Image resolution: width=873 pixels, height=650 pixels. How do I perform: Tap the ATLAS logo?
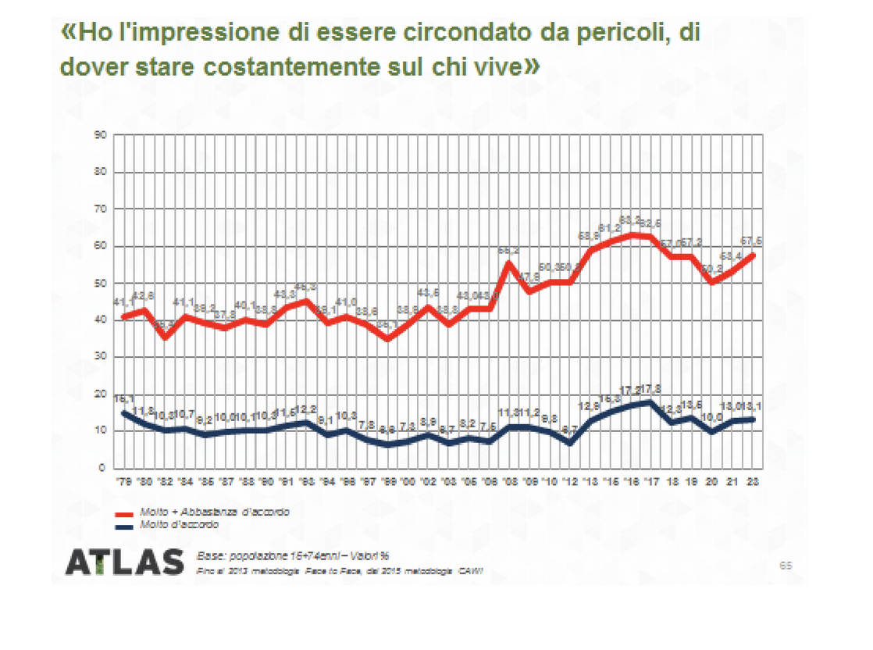(x=124, y=562)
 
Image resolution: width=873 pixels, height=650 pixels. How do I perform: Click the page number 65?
(x=786, y=564)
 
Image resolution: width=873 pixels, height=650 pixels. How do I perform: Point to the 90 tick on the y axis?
(x=100, y=136)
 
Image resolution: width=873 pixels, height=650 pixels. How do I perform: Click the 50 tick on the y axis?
(x=100, y=284)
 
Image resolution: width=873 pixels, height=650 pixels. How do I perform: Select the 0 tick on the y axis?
(x=102, y=469)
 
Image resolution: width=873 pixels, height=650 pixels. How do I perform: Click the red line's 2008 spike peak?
(x=509, y=262)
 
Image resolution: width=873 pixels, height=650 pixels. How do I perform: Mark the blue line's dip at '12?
(x=570, y=443)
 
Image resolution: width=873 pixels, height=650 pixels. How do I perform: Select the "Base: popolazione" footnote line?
(x=292, y=555)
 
